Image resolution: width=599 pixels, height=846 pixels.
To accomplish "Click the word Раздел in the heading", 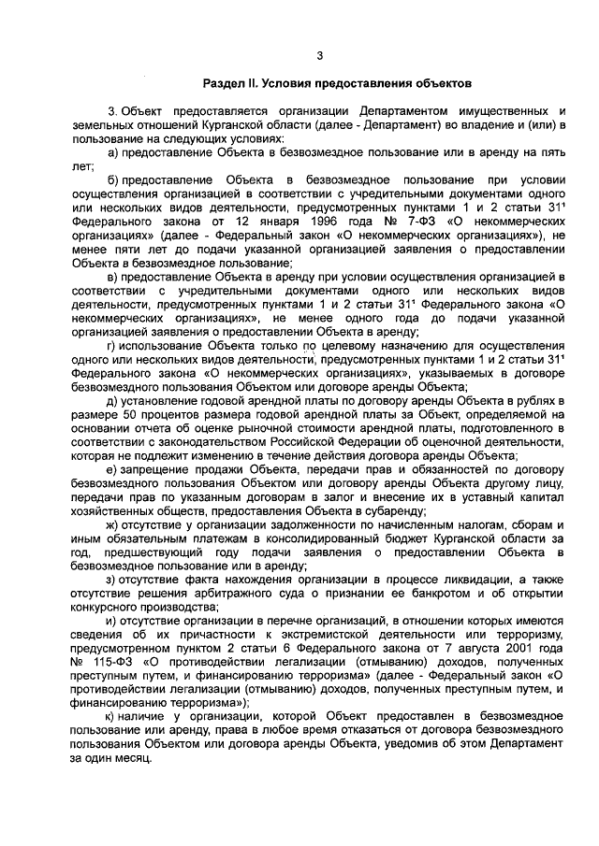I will pos(226,83).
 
